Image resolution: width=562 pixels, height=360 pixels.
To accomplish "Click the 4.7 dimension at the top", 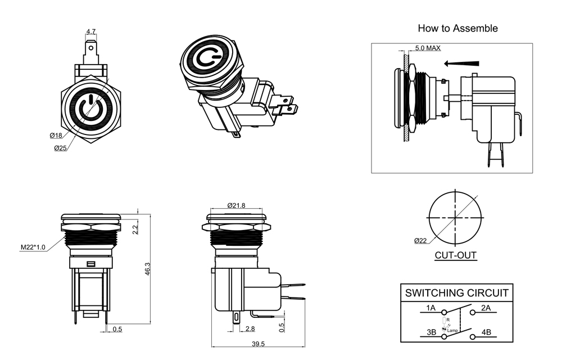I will (90, 31).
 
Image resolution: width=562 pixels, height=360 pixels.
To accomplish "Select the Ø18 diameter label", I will (55, 136).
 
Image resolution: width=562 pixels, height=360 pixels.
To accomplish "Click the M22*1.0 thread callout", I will (33, 247).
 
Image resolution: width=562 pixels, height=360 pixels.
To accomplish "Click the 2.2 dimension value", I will (135, 229).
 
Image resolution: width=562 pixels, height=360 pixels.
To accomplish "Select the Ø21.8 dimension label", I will (236, 206).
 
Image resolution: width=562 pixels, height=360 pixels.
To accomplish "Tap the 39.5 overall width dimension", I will (258, 344).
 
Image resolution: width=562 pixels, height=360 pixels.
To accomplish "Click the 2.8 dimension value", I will (251, 328).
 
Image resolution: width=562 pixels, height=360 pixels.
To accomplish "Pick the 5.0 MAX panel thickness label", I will (428, 48).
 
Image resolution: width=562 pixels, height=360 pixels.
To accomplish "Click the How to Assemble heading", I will (457, 28).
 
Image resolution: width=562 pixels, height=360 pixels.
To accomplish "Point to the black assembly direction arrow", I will (462, 63).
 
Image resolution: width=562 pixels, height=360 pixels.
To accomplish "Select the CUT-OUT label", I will (455, 255).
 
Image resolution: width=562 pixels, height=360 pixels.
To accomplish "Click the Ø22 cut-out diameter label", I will (421, 241).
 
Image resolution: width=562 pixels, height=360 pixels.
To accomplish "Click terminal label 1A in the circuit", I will (430, 308).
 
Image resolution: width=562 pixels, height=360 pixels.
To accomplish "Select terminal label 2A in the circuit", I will (486, 308).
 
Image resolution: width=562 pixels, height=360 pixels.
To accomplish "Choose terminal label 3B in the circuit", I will (430, 332).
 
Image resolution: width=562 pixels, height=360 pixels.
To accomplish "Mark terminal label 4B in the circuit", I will (486, 332).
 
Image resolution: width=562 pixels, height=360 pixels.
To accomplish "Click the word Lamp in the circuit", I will (453, 330).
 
